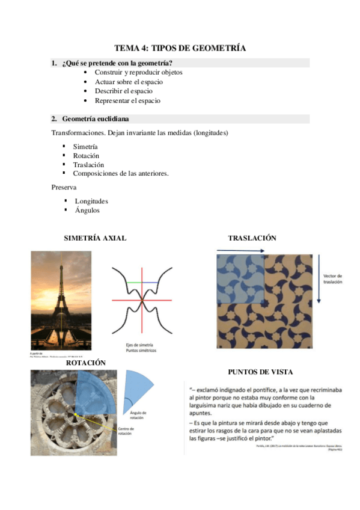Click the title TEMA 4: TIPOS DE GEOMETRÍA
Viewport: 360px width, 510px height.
pyautogui.click(x=180, y=48)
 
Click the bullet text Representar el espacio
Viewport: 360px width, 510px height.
pyautogui.click(x=127, y=100)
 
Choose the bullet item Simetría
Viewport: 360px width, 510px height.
pyautogui.click(x=85, y=147)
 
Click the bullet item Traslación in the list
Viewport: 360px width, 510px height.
pyautogui.click(x=88, y=164)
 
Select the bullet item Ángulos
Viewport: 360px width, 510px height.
pyautogui.click(x=87, y=210)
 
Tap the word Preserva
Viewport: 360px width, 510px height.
pyautogui.click(x=64, y=188)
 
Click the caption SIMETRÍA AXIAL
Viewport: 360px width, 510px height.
pyautogui.click(x=95, y=238)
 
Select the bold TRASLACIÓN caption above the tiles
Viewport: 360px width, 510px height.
pyautogui.click(x=252, y=238)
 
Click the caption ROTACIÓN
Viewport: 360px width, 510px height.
pyautogui.click(x=86, y=363)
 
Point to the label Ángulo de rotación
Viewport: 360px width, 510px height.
pyautogui.click(x=138, y=415)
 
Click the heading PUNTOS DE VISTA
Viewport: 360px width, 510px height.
pyautogui.click(x=260, y=372)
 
